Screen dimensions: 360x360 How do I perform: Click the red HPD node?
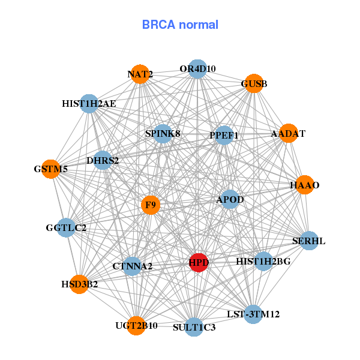199,262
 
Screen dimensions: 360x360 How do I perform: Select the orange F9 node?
151,205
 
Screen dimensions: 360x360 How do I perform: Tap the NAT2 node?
140,74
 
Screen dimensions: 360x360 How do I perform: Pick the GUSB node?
254,83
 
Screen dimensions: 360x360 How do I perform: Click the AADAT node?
289,133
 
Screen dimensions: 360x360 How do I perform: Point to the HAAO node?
305,185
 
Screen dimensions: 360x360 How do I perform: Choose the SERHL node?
309,241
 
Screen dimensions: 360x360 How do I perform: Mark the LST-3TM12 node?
253,314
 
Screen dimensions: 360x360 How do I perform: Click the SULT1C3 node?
194,327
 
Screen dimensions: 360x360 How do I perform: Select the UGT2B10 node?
137,325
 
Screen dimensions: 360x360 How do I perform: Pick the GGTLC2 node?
66,228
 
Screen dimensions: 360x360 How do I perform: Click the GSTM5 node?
50,169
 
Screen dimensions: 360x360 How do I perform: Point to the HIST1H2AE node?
89,103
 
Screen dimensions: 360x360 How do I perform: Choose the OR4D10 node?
197,68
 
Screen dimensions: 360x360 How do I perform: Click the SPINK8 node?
163,133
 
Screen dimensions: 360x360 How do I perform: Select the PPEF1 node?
224,136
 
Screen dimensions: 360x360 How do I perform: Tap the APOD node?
230,199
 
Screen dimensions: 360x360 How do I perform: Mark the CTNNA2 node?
132,266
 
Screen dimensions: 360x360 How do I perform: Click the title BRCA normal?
180,25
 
